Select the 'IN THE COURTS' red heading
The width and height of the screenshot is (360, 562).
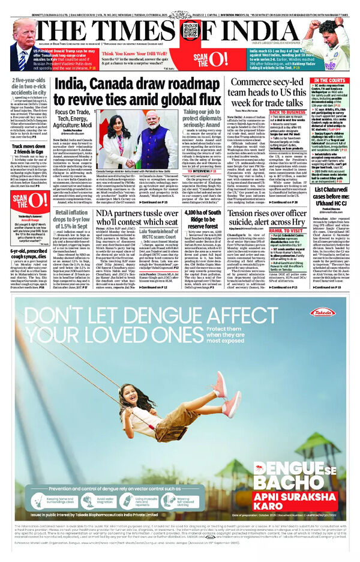coord(329,80)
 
